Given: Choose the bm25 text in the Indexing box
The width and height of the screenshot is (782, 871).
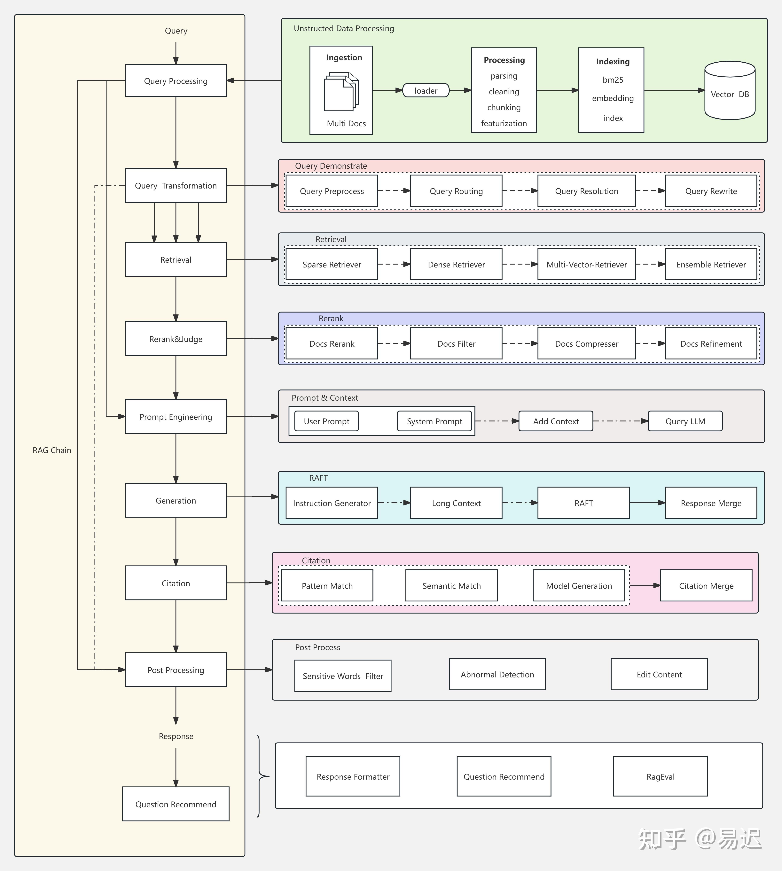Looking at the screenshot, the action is click(613, 80).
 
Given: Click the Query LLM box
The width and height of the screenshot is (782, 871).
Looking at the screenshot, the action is click(685, 421).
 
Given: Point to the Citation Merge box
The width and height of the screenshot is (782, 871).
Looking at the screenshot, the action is click(706, 585).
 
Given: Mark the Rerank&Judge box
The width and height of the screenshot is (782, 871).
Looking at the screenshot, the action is click(176, 338).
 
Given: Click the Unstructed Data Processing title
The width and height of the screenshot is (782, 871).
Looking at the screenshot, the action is click(344, 28).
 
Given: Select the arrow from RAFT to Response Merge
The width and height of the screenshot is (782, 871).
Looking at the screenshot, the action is click(647, 503).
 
